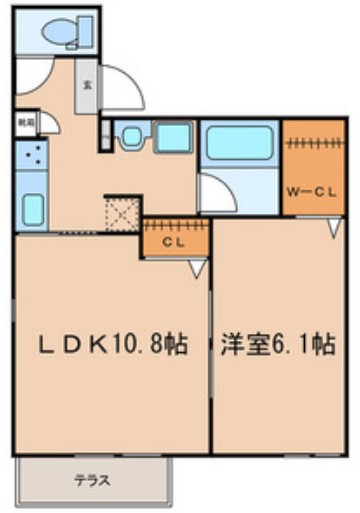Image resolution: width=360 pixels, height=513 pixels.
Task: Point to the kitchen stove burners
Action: (31, 155)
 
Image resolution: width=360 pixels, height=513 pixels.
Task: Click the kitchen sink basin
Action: (32, 209)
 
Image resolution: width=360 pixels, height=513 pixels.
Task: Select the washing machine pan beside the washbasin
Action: (172, 138)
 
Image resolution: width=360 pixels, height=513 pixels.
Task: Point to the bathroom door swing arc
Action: (215, 192)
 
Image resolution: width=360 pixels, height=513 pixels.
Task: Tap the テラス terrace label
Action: (92, 480)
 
